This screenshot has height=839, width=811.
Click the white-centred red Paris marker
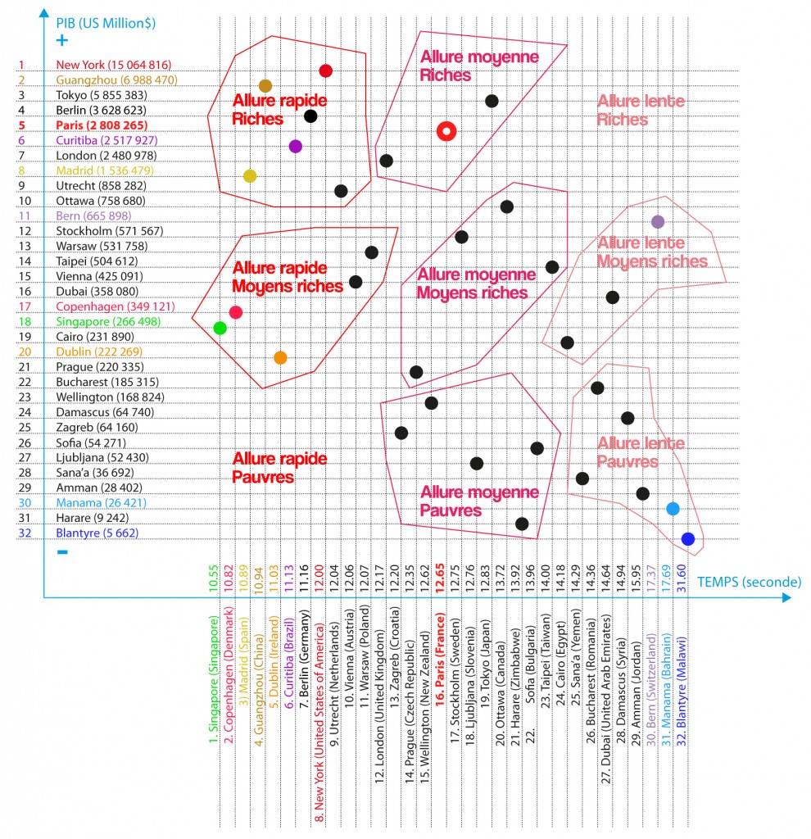(x=446, y=131)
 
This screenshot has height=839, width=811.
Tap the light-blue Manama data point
(x=673, y=509)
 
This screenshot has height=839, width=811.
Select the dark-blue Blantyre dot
(x=688, y=538)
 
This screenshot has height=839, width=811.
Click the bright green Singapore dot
(x=220, y=328)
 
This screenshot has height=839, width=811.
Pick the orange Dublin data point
(x=280, y=358)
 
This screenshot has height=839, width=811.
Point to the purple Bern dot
(x=657, y=221)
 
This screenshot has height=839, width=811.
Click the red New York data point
(x=325, y=71)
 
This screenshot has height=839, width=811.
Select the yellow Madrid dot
(x=250, y=176)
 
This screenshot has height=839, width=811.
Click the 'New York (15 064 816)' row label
(x=113, y=65)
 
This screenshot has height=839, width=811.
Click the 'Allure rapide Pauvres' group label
(x=279, y=468)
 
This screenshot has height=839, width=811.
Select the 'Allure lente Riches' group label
(x=634, y=110)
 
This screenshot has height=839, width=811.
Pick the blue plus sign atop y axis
(x=61, y=41)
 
